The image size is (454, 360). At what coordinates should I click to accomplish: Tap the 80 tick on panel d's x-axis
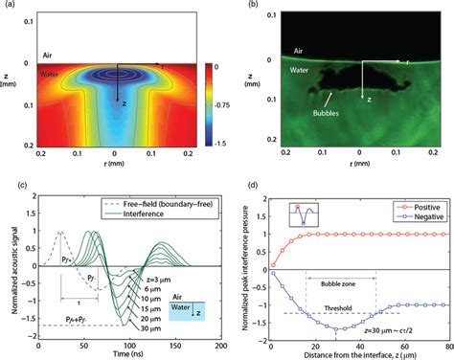(x=443, y=342)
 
